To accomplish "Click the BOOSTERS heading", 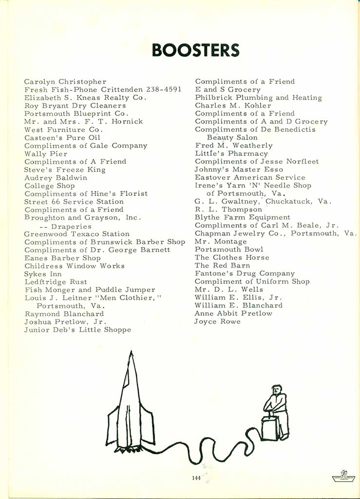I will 195,50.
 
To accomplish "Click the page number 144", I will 196,478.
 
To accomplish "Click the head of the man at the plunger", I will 276,390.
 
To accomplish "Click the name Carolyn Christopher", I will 65,81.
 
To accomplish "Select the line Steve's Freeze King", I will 65,170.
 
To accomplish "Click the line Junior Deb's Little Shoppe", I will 77,330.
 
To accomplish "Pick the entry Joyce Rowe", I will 217,322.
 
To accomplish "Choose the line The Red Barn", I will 222,266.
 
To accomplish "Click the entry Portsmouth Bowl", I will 225,249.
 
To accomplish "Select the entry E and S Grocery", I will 227,90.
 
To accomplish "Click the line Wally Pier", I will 46,154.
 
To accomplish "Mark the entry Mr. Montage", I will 221,242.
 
